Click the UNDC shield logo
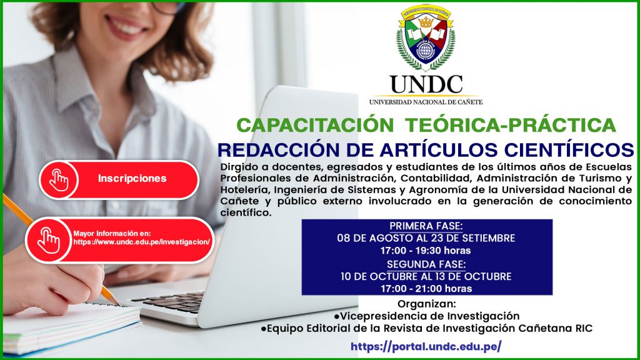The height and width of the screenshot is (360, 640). coord(426,37)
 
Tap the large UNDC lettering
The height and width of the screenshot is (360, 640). coord(426,84)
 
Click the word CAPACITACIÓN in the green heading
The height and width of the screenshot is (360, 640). coord(315,125)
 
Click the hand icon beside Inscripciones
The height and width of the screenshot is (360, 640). coord(59,180)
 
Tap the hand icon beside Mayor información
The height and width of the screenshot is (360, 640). coord(49,240)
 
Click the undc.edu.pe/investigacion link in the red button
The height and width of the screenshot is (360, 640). coord(142,242)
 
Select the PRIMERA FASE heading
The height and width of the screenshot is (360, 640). coord(426,226)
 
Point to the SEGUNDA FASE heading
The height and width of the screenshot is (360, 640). coord(426,264)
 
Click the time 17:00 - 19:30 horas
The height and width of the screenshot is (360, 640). coord(426,250)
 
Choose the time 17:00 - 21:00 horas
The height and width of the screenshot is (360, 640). coord(426,289)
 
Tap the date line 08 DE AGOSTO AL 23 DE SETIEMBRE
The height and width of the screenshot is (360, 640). coord(426,238)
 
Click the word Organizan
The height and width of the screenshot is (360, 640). coord(426,304)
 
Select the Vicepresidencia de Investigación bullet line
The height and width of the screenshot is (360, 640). coord(426,316)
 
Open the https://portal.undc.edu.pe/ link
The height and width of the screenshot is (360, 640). coord(426,346)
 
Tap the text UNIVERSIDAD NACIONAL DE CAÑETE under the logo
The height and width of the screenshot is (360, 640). coord(426,102)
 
